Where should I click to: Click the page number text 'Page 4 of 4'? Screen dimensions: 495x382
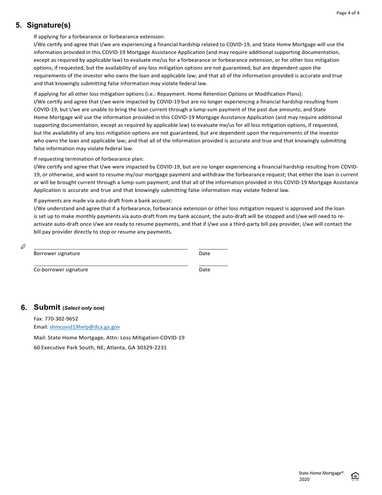click(348, 13)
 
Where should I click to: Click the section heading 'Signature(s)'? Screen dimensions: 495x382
click(49, 25)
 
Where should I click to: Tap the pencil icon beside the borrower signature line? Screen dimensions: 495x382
click(23, 246)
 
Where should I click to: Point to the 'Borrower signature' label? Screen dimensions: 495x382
click(57, 254)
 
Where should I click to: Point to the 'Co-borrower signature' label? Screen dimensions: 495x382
click(61, 270)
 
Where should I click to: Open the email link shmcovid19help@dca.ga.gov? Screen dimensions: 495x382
click(84, 327)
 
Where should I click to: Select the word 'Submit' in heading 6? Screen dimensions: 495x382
click(47, 307)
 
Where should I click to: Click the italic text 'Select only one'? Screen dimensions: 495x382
click(83, 308)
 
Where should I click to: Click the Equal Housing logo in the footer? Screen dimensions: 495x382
click(355, 476)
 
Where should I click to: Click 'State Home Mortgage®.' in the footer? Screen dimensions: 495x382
click(321, 473)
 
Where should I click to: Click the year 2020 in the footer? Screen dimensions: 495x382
click(304, 480)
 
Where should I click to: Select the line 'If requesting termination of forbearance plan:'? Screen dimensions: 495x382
click(88, 159)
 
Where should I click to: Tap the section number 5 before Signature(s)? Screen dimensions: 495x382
click(18, 25)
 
